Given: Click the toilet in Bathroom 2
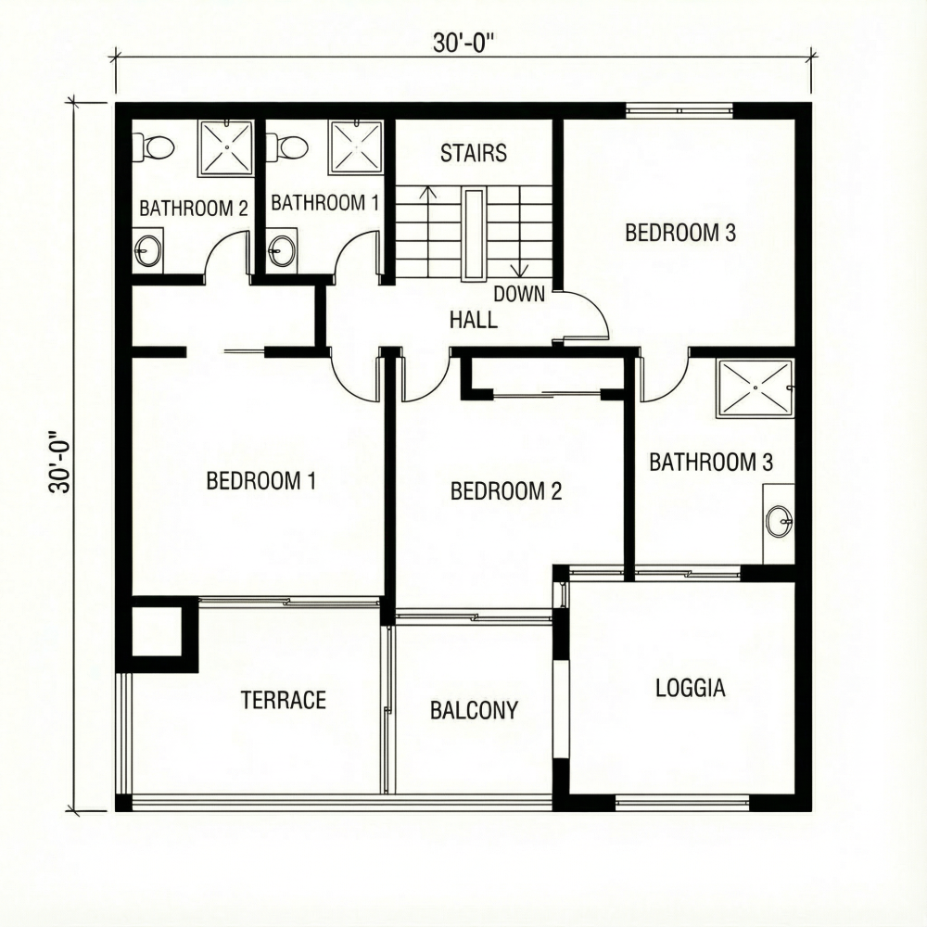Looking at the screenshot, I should [x=155, y=146].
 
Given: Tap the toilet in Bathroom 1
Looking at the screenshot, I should [x=288, y=146].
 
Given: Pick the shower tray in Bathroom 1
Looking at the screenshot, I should [x=357, y=146].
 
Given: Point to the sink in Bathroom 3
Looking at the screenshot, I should [x=780, y=522].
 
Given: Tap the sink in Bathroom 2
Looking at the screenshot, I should [x=148, y=249].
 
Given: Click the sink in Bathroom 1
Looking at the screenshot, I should [x=283, y=249].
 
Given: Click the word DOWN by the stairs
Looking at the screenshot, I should [x=518, y=295].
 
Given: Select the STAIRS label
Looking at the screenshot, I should [x=474, y=153].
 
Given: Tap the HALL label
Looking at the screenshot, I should [x=473, y=321].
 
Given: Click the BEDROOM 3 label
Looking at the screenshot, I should [x=680, y=233].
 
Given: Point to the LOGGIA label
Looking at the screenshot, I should [x=690, y=688].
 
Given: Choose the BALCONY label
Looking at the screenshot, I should [x=474, y=711].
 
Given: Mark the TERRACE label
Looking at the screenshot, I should [x=283, y=700].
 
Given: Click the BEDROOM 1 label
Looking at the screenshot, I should [x=260, y=481].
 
